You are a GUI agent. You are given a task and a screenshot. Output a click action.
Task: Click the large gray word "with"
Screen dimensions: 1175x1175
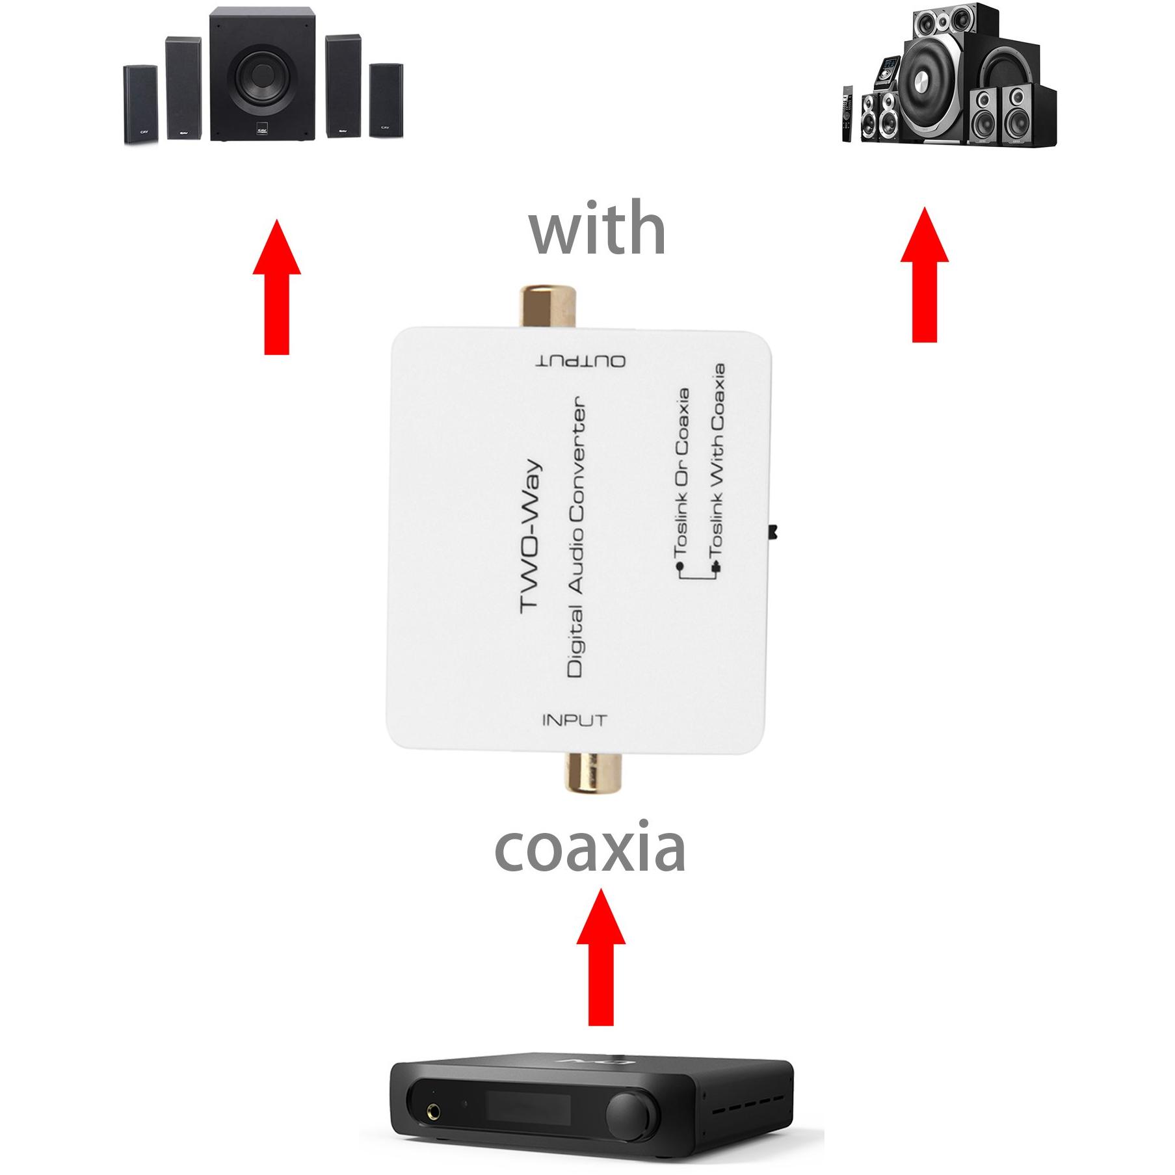598,228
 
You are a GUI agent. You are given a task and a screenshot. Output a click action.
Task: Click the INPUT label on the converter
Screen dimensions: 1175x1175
574,720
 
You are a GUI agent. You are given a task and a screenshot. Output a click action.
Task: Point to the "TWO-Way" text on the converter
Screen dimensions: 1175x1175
531,536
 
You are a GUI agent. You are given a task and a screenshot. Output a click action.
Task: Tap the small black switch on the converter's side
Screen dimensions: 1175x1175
774,533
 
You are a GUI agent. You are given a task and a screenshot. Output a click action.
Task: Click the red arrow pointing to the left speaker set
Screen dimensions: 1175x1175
276,286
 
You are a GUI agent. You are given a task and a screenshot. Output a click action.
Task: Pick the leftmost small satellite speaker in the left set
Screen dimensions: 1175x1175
140,104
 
